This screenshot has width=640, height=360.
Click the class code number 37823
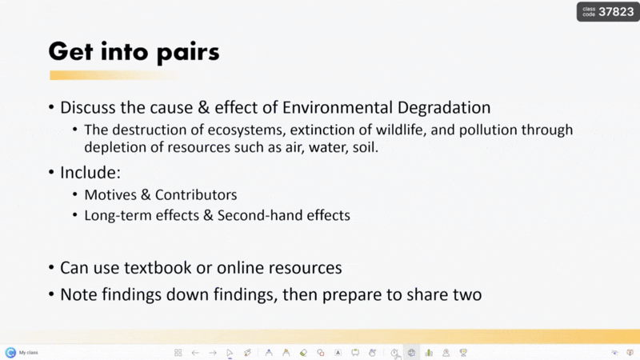[616, 12]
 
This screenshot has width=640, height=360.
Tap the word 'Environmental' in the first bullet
[337, 108]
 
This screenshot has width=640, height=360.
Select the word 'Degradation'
[444, 108]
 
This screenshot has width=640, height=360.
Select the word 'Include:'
[90, 173]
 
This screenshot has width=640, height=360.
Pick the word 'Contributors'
[196, 195]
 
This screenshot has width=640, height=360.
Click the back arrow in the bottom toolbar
[195, 353]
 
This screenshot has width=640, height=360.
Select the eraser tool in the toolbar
[303, 353]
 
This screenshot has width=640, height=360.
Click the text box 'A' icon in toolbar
[338, 353]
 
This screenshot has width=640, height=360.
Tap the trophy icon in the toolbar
[463, 353]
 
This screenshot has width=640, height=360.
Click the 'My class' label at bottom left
[29, 353]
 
